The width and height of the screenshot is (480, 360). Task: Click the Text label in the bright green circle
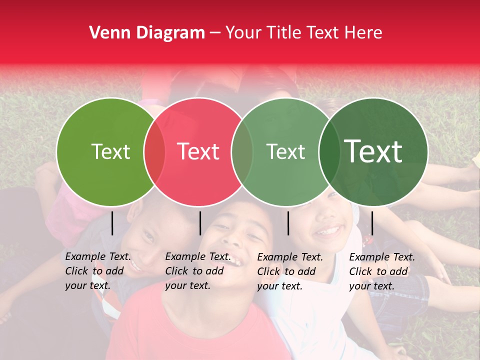pos(110,151)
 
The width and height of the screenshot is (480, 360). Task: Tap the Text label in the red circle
pos(198,151)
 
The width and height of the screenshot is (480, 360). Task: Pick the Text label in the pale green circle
pos(285,151)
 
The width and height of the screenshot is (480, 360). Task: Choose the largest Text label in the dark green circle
pos(373,151)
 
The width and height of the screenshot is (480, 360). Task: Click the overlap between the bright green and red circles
pos(154,151)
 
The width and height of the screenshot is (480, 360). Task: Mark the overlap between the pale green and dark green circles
pos(329,151)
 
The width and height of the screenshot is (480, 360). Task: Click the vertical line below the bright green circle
pos(112,223)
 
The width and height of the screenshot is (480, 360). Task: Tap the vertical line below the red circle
pos(200,223)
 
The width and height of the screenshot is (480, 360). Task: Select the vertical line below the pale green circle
pos(288,223)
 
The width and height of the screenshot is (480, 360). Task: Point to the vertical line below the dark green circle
pos(372,223)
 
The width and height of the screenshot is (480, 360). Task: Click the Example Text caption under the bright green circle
pos(97,271)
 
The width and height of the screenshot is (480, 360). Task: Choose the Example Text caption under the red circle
pos(197,271)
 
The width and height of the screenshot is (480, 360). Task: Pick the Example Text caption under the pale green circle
pos(289,271)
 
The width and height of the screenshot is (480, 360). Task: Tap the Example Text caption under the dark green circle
pos(381,271)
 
